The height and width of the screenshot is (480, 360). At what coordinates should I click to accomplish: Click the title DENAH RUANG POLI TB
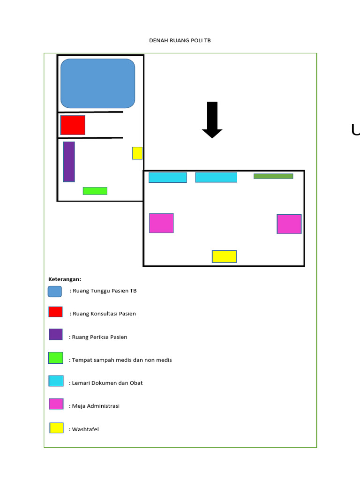180,40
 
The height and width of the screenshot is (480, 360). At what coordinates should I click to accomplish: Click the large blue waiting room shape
98,83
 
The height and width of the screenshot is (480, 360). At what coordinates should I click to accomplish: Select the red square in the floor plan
73,125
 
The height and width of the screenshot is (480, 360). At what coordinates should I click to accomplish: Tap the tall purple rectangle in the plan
69,162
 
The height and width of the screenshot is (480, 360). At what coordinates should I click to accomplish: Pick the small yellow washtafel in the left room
137,153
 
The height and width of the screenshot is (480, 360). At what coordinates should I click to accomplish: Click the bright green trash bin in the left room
95,191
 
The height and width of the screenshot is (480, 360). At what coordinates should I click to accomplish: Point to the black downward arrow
212,120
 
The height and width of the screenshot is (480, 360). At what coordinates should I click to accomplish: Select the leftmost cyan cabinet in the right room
168,178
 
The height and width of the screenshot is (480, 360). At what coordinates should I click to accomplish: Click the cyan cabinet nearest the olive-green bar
216,177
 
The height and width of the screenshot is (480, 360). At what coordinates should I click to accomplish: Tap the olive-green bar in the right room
273,176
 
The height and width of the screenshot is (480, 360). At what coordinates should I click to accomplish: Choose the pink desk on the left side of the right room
161,223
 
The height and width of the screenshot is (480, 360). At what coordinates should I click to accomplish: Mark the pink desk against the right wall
289,224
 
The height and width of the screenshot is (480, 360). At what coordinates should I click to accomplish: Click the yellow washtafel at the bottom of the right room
225,256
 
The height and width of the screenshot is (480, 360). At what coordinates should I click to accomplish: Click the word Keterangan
65,279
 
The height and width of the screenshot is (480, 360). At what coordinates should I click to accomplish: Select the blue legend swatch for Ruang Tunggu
55,292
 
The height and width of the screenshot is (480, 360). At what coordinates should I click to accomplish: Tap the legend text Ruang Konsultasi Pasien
104,314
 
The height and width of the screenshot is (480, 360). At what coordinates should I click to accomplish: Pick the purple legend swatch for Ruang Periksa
56,334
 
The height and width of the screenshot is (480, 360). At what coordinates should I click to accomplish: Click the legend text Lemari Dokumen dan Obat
107,383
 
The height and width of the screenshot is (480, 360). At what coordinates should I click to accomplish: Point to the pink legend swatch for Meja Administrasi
56,404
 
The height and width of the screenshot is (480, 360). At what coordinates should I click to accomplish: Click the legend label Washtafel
85,429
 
